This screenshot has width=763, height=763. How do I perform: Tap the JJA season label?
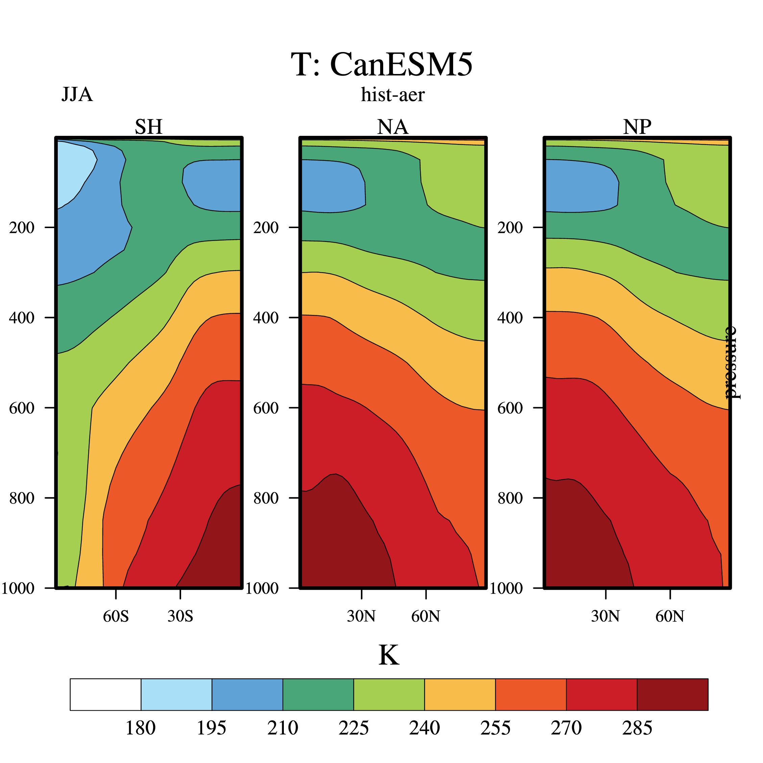(77, 95)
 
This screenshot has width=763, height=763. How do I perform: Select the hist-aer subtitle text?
(393, 95)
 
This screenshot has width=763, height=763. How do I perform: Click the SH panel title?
(148, 127)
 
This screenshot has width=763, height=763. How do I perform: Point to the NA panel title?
(393, 127)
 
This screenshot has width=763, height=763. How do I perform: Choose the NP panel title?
(637, 127)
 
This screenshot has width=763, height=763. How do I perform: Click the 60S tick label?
(116, 616)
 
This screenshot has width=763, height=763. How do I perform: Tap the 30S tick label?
(180, 616)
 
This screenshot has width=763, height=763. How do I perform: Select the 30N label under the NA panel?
(361, 616)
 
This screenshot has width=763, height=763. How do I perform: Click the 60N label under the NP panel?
(670, 616)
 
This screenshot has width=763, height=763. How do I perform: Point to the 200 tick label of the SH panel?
(22, 227)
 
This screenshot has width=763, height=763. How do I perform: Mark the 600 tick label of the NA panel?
(266, 408)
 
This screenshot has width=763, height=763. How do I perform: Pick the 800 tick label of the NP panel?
(510, 498)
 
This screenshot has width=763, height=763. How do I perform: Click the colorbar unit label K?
(389, 656)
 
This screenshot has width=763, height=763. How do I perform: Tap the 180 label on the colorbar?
(141, 728)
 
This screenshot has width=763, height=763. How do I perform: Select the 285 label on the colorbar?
(637, 728)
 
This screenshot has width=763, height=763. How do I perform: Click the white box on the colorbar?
(105, 695)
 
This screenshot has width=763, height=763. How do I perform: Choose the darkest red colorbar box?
(672, 695)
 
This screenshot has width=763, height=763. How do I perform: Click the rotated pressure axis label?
(733, 363)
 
